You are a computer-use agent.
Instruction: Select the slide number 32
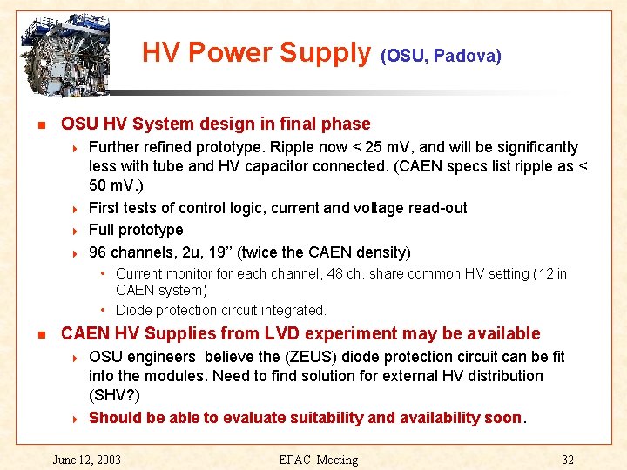(x=568, y=460)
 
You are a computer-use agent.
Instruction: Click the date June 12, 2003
(x=87, y=460)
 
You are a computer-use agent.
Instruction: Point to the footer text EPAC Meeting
(x=318, y=460)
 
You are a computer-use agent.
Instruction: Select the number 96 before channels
(x=98, y=252)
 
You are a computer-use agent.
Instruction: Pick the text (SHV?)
(x=116, y=396)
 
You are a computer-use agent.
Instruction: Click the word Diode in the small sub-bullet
(x=133, y=310)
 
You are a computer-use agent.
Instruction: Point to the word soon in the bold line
(x=502, y=417)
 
